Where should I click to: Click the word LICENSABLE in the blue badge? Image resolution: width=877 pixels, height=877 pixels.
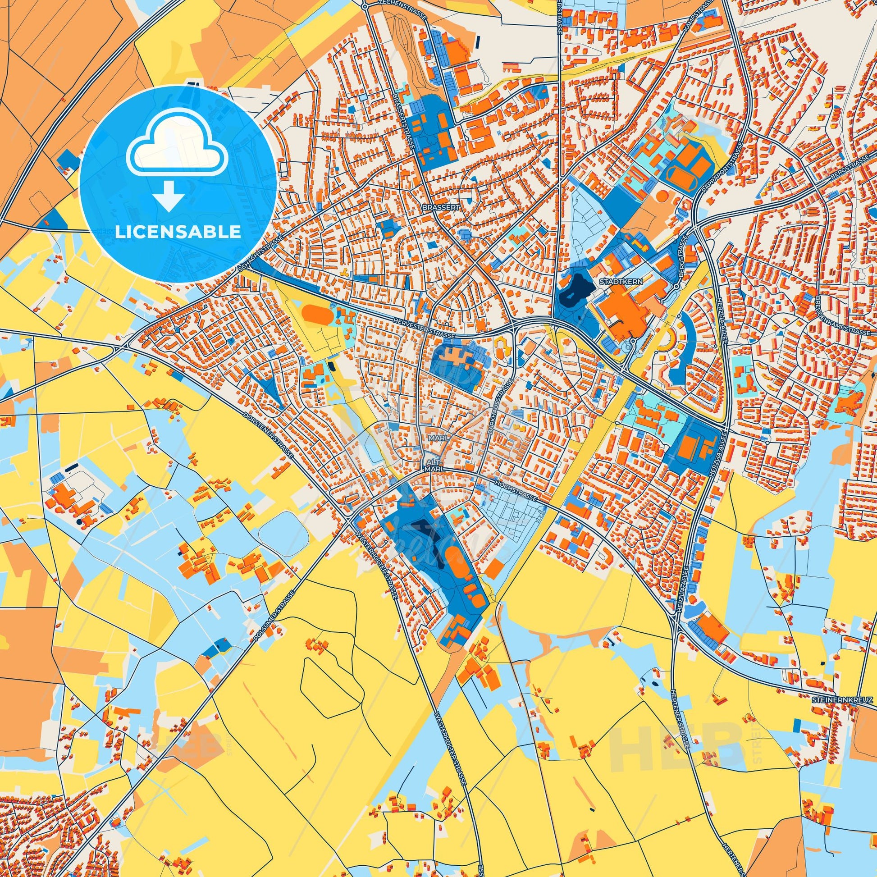178,232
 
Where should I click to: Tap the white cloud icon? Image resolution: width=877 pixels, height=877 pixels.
178,153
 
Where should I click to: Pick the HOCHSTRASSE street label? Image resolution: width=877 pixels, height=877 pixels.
516,491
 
